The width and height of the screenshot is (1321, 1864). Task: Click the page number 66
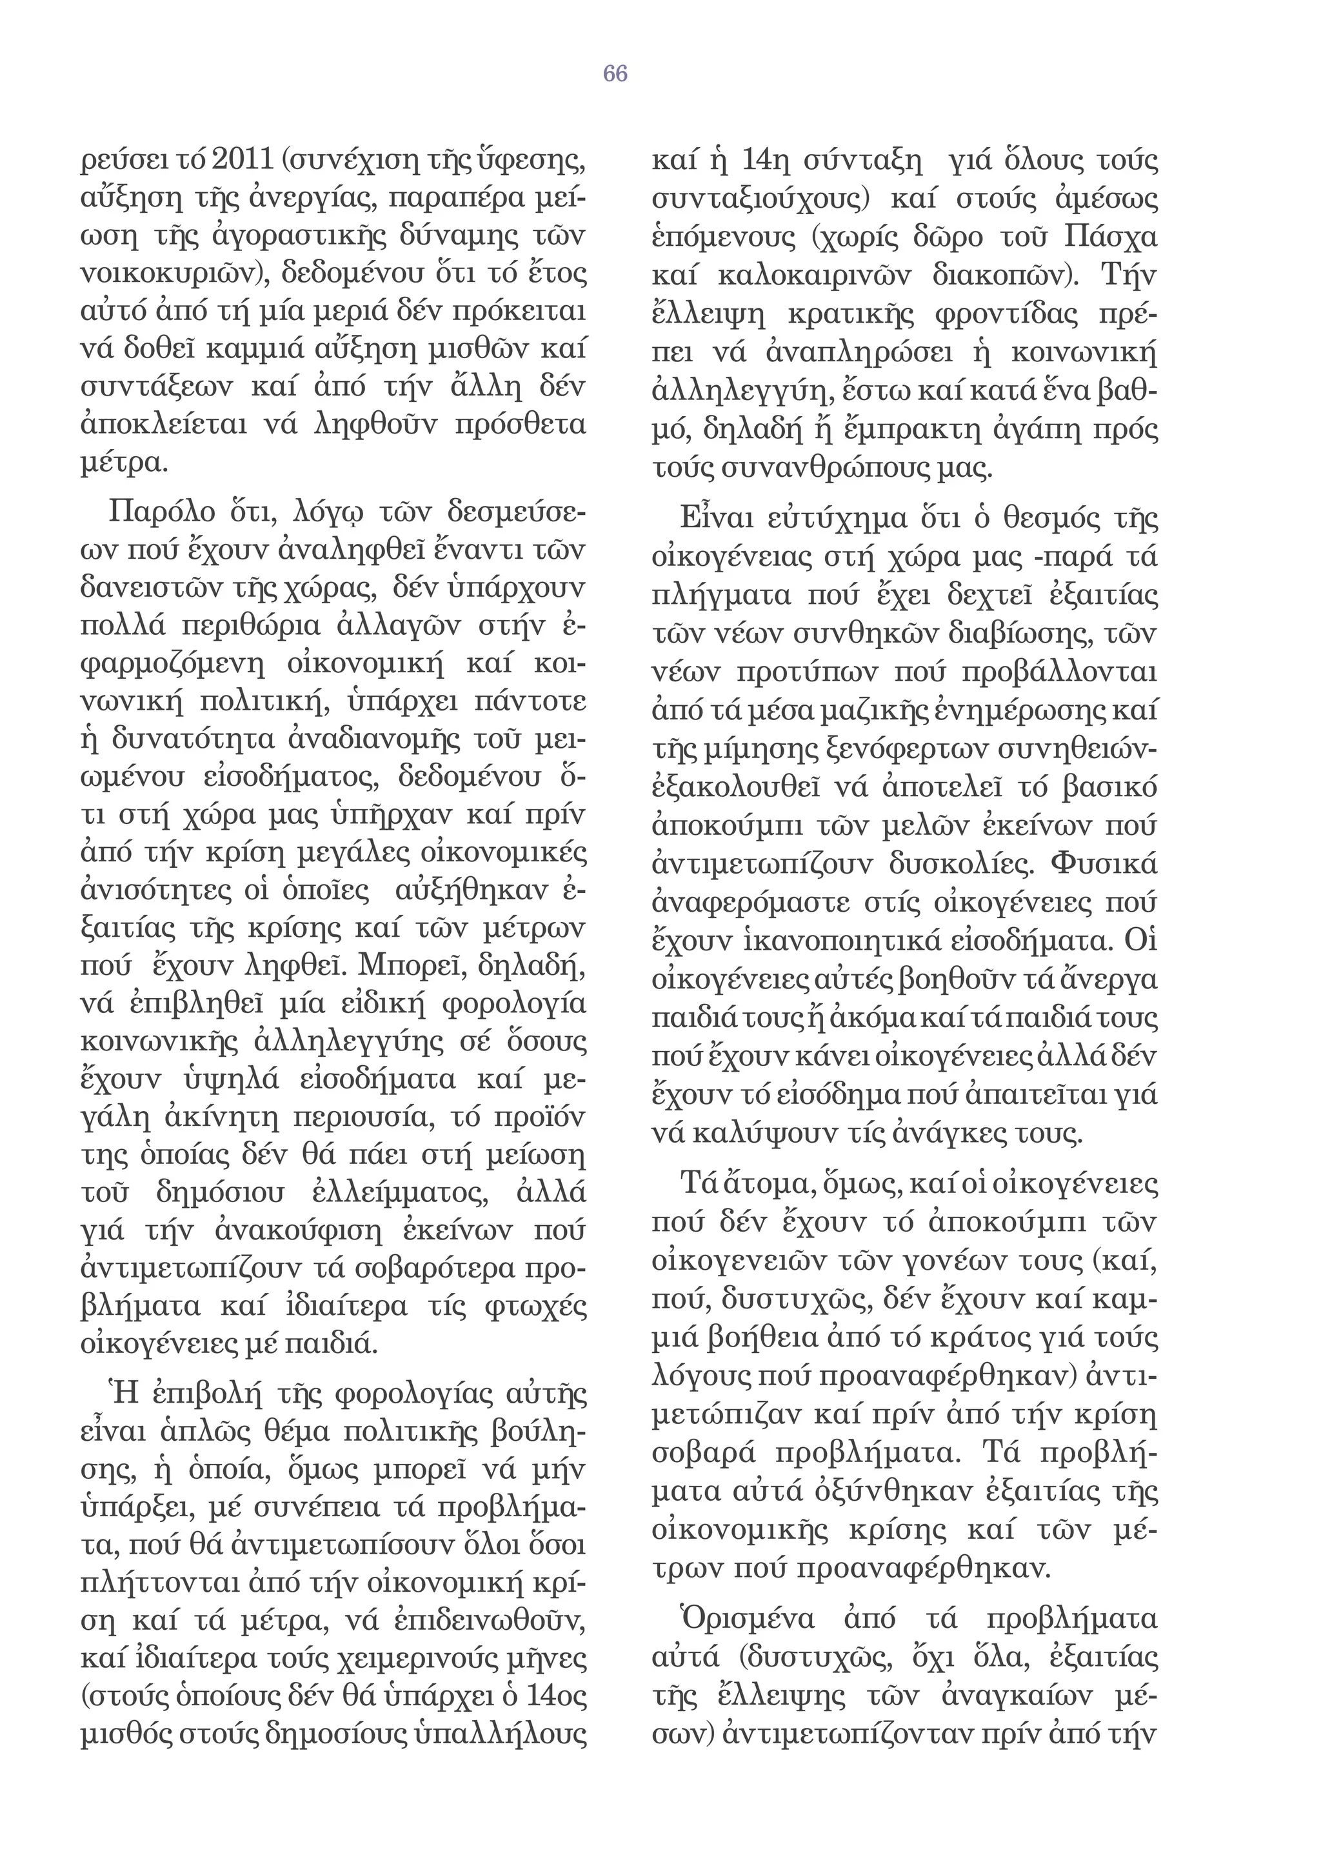click(x=615, y=74)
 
